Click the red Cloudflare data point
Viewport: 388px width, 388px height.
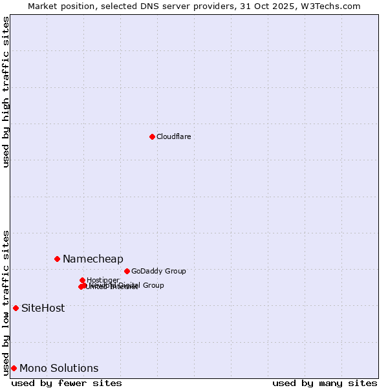152,136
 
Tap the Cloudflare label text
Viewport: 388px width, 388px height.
173,136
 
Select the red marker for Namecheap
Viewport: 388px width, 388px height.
57,259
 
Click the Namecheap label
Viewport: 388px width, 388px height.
92,259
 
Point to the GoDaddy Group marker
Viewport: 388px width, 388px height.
127,271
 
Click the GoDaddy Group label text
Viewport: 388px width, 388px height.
158,271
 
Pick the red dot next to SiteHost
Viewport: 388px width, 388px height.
16,308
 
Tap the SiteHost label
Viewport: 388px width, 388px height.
43,308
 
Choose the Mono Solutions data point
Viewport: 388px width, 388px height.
14,368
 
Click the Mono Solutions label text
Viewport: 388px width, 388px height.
59,368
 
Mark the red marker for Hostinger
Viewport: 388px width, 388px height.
82,280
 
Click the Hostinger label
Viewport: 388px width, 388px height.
103,280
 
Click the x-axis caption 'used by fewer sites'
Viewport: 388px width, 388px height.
67,383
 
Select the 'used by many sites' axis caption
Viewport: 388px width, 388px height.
325,383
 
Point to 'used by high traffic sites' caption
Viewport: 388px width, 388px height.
6,92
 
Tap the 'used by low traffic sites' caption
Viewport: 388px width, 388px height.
6,302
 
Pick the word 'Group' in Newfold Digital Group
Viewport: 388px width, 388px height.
153,285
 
